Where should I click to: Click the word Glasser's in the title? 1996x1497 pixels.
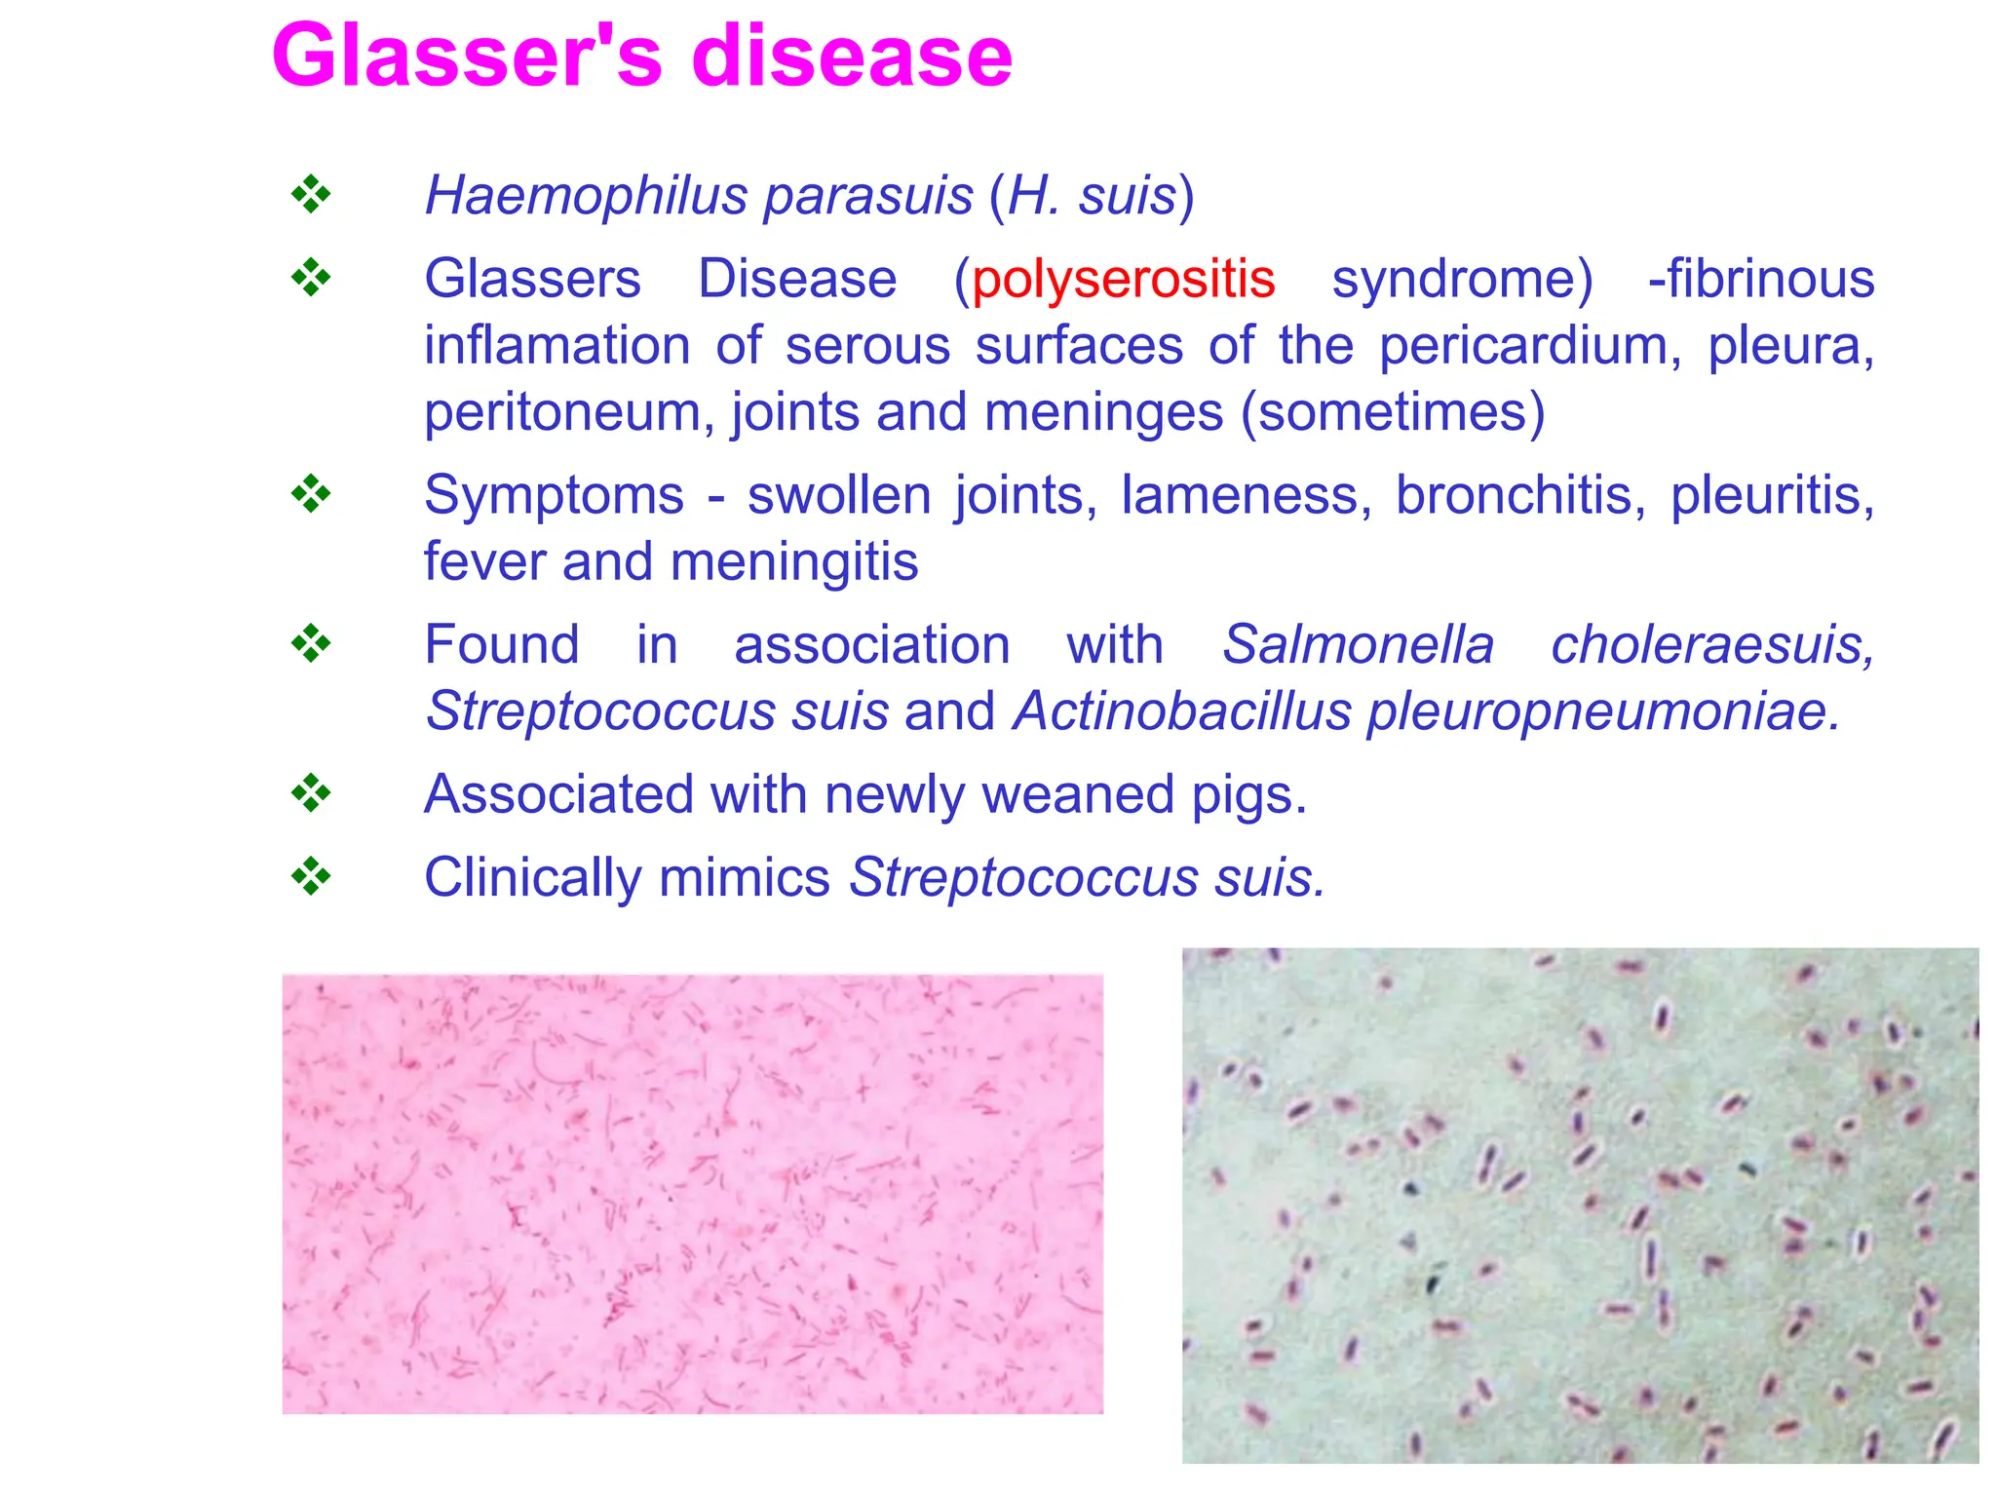[468, 57]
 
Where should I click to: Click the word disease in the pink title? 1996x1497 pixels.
[852, 57]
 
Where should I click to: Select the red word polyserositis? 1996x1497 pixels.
[1123, 280]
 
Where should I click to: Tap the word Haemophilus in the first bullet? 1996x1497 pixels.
[586, 196]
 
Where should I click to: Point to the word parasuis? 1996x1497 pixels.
[867, 196]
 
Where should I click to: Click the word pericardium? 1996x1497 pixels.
[1529, 346]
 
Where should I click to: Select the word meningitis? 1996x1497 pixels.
[794, 562]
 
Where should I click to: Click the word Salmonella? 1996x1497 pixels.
[1358, 645]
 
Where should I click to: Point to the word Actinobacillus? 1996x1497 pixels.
[1182, 711]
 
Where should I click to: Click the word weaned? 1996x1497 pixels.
[1076, 794]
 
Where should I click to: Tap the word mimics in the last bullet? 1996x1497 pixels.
[744, 877]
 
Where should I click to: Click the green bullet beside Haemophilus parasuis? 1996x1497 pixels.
[311, 195]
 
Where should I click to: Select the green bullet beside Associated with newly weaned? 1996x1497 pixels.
[311, 793]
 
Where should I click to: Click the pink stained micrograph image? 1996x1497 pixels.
[692, 1194]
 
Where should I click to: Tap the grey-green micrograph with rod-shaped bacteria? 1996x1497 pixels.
[1580, 1205]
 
